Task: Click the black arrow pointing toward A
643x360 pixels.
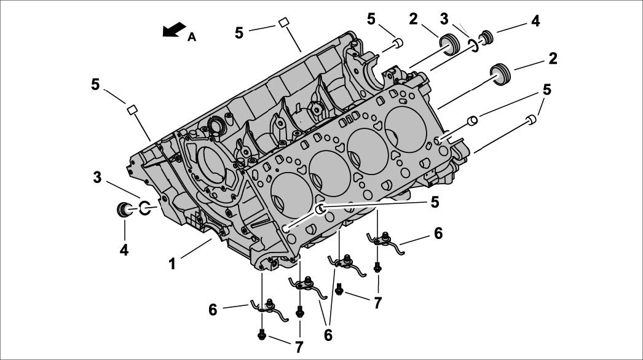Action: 175,29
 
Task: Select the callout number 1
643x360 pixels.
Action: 173,264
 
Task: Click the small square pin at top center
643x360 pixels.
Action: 284,22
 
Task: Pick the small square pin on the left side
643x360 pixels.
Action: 131,109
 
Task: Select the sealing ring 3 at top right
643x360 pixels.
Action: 474,44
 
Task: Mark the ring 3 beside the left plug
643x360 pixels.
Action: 146,208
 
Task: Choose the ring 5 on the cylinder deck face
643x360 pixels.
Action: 321,210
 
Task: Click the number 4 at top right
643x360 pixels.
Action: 535,22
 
